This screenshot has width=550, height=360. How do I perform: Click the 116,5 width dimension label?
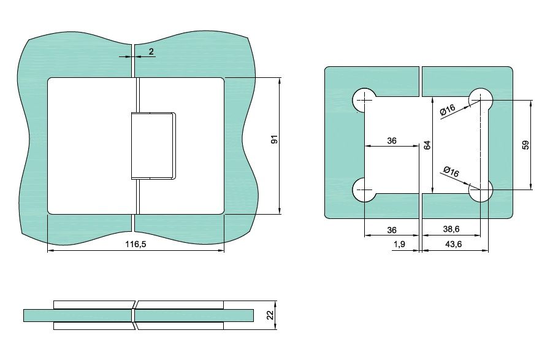(x=136, y=244)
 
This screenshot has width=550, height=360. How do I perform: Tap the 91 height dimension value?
(x=275, y=139)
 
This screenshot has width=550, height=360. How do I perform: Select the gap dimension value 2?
(x=151, y=52)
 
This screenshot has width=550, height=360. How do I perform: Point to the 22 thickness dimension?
(x=270, y=315)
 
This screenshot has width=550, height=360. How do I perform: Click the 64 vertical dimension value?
(x=427, y=145)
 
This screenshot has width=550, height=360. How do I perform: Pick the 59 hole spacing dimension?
(x=525, y=145)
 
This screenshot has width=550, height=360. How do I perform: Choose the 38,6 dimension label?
(x=451, y=229)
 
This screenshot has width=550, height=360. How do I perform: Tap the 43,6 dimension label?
(x=454, y=244)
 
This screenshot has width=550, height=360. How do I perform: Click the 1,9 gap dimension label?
(x=400, y=244)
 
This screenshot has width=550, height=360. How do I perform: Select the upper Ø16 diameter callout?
(x=448, y=110)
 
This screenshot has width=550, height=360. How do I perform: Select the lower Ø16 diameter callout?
(x=451, y=172)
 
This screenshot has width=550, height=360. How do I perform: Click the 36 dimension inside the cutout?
(x=392, y=140)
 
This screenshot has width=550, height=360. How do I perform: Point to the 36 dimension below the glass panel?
(x=392, y=230)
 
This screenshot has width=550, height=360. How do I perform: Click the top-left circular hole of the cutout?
(x=364, y=100)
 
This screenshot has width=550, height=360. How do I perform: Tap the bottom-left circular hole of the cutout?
(x=364, y=190)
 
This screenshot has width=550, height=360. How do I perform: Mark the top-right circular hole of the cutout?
(x=481, y=100)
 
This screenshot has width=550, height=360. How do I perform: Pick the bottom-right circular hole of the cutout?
(x=481, y=190)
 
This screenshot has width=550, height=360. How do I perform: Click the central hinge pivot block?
(x=153, y=146)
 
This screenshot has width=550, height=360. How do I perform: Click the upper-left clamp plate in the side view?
(x=94, y=305)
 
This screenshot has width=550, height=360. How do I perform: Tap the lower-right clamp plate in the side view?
(x=180, y=326)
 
